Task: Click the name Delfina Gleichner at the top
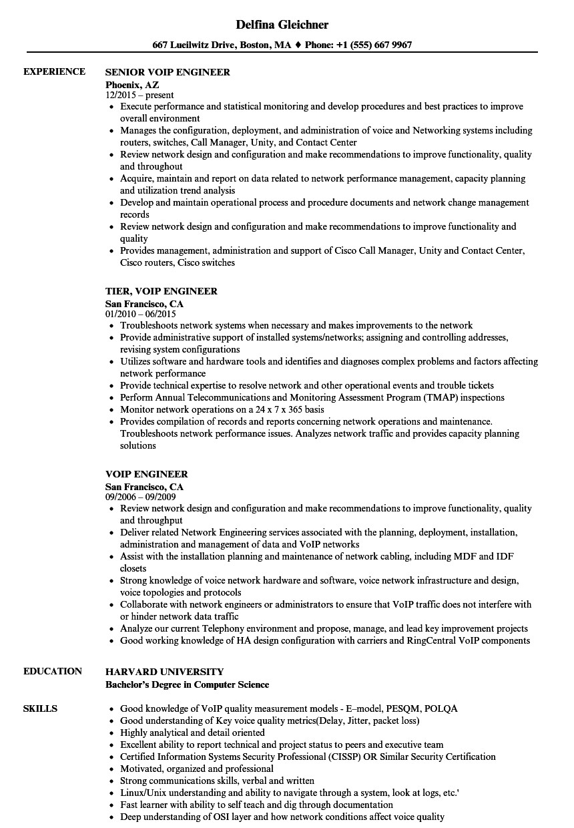282,25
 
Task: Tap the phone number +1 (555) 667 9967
374,45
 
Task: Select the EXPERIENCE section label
54,71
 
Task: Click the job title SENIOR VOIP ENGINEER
168,72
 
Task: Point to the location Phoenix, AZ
133,85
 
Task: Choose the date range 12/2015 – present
140,95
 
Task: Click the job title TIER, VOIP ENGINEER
162,291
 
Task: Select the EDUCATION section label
53,671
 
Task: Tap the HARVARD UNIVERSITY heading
165,672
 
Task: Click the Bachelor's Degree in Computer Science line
188,684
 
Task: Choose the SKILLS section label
40,708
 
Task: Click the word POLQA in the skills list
441,708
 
